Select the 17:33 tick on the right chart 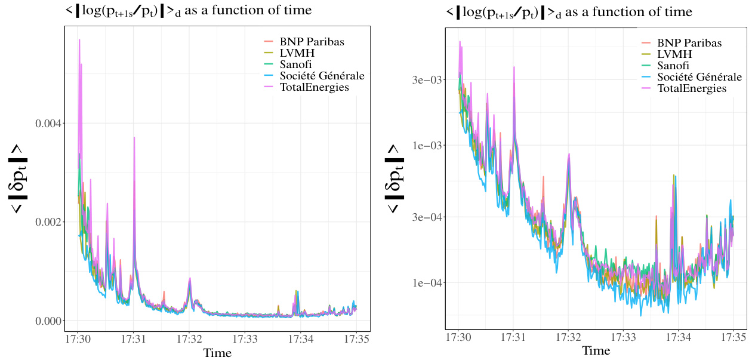coord(623,337)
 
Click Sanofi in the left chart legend coord(304,64)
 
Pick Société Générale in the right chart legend coord(699,77)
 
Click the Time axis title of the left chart coord(217,353)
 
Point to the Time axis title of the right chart coord(596,350)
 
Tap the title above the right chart coord(568,12)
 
